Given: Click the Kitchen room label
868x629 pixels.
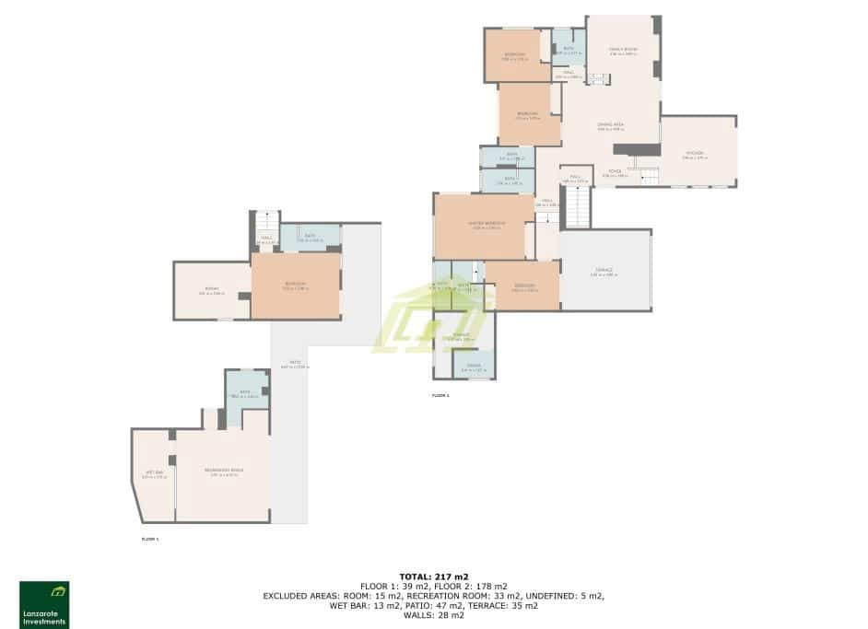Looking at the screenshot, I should tap(694, 154).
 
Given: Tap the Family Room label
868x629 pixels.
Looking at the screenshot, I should tap(623, 50).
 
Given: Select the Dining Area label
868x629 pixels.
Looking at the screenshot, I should tap(611, 125).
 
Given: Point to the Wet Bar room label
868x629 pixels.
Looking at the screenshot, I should tap(154, 474).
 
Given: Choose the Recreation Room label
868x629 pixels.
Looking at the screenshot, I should tap(224, 472).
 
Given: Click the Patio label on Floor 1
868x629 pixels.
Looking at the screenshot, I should tap(295, 365).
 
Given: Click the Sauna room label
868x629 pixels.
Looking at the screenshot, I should tap(473, 367).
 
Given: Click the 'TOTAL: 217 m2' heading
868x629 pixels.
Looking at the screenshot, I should tap(433, 577).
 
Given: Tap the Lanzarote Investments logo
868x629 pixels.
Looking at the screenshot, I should tap(44, 604).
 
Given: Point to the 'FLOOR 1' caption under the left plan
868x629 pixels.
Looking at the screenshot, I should tap(150, 539).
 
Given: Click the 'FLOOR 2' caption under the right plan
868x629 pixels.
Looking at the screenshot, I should tap(440, 395).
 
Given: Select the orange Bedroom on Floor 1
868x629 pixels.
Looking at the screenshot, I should tap(296, 286).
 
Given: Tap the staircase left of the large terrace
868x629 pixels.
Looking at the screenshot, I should tap(578, 206).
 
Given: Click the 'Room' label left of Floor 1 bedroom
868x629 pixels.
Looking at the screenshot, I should tap(212, 291).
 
